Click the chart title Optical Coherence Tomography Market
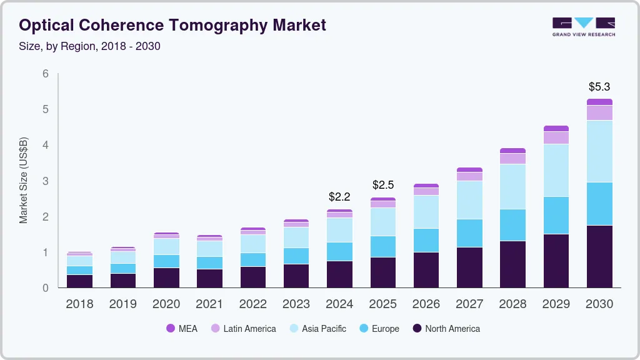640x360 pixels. pos(172,26)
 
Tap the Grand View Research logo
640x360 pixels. pos(583,27)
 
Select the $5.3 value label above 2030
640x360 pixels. pos(599,87)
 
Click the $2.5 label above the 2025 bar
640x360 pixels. pos(383,185)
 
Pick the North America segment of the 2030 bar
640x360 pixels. pos(599,256)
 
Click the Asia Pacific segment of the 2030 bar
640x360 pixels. pos(599,151)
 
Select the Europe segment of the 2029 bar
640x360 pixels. pos(556,215)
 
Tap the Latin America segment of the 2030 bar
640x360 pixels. pos(599,112)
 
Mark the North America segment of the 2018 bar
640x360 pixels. pos(79,281)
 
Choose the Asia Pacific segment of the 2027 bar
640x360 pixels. pos(469,200)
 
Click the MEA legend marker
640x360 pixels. pos(171,329)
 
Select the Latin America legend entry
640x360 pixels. pos(243,329)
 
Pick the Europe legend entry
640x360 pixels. pos(379,329)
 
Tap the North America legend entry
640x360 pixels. pos(446,329)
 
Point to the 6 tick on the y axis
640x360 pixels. pos(46,74)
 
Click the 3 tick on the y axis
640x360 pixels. pos(46,181)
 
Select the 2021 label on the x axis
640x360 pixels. pos(209,304)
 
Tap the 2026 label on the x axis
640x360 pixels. pos(426,304)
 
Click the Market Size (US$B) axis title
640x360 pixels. pos(24,181)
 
